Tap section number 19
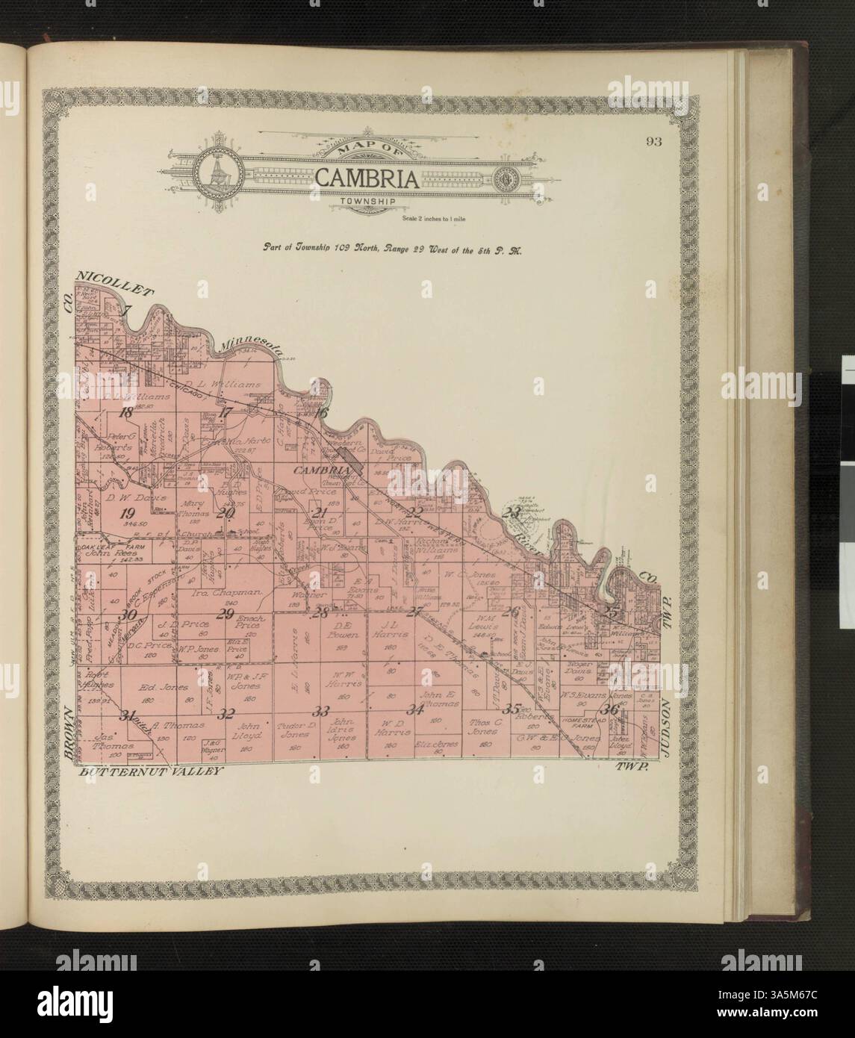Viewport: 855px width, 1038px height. click(x=128, y=512)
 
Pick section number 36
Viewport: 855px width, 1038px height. click(x=612, y=709)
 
